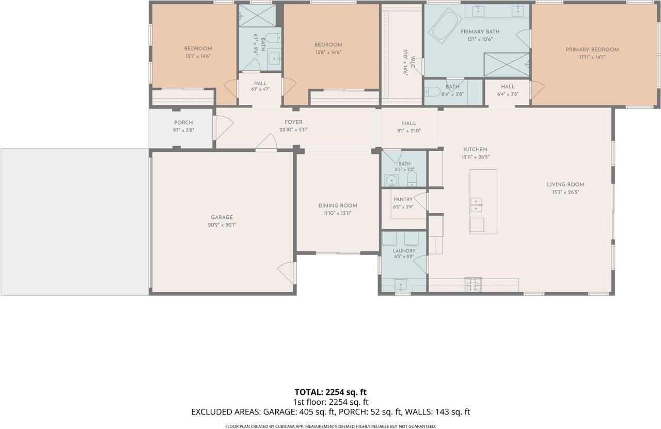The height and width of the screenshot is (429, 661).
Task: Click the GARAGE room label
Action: tap(222, 217)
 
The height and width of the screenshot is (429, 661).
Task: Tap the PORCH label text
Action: tap(183, 123)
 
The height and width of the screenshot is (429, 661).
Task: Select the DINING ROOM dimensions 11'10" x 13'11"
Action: tap(338, 213)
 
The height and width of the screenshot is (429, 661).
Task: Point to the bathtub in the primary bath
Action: tap(445, 26)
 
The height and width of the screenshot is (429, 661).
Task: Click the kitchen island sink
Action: tap(476, 205)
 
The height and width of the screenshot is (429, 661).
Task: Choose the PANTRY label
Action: tap(403, 199)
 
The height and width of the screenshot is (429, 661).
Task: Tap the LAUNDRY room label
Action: tap(404, 251)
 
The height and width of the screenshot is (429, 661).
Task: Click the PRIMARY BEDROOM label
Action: tap(592, 50)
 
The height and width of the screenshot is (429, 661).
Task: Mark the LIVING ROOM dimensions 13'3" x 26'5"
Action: tap(565, 192)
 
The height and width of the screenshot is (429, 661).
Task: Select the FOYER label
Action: tap(293, 122)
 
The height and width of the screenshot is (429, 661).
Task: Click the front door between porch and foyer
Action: tap(224, 128)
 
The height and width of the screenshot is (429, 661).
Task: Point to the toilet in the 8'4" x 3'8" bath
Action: tap(429, 91)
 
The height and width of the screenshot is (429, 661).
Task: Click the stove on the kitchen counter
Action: tap(473, 284)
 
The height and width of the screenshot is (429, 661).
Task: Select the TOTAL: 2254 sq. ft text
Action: tap(330, 392)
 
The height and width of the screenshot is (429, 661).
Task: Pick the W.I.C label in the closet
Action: tap(413, 62)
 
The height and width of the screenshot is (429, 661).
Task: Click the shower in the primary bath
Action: tap(507, 65)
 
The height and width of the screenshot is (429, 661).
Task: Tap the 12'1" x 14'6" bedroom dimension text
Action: tap(198, 56)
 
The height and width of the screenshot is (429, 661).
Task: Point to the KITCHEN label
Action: tap(476, 150)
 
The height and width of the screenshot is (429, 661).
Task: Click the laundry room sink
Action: tap(401, 285)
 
